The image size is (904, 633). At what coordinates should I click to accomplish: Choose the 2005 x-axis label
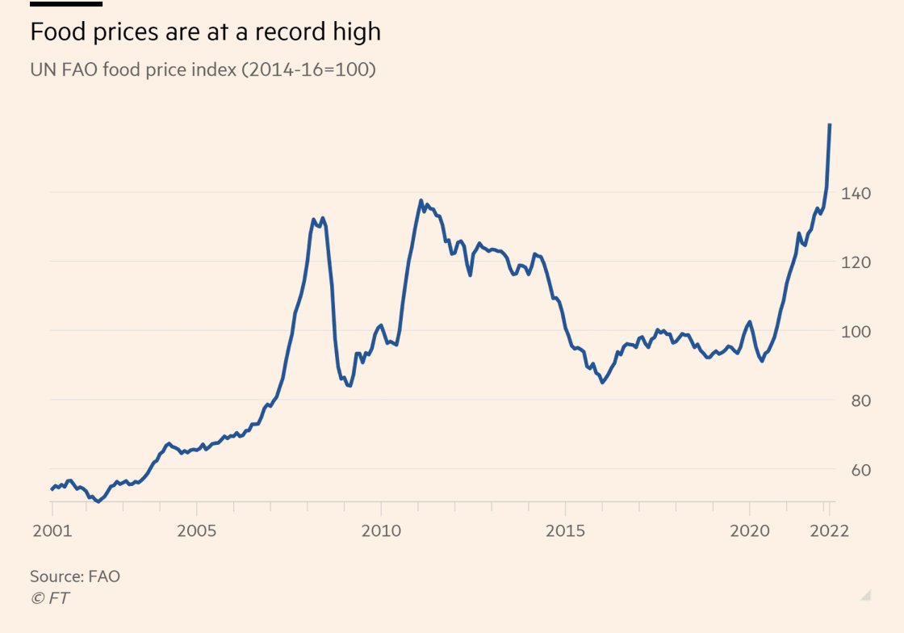(x=197, y=531)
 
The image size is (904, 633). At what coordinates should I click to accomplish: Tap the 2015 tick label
(x=565, y=531)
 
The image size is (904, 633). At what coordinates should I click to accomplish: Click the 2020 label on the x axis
(x=750, y=531)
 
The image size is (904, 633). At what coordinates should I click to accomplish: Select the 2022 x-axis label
(x=827, y=531)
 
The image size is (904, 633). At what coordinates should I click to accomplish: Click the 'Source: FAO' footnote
(x=75, y=576)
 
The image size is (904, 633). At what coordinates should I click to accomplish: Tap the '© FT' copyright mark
(x=49, y=598)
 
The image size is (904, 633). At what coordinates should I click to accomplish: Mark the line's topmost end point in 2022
(x=830, y=125)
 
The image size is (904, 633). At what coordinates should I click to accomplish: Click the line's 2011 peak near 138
(x=421, y=201)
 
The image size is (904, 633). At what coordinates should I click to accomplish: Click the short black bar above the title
(x=66, y=4)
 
